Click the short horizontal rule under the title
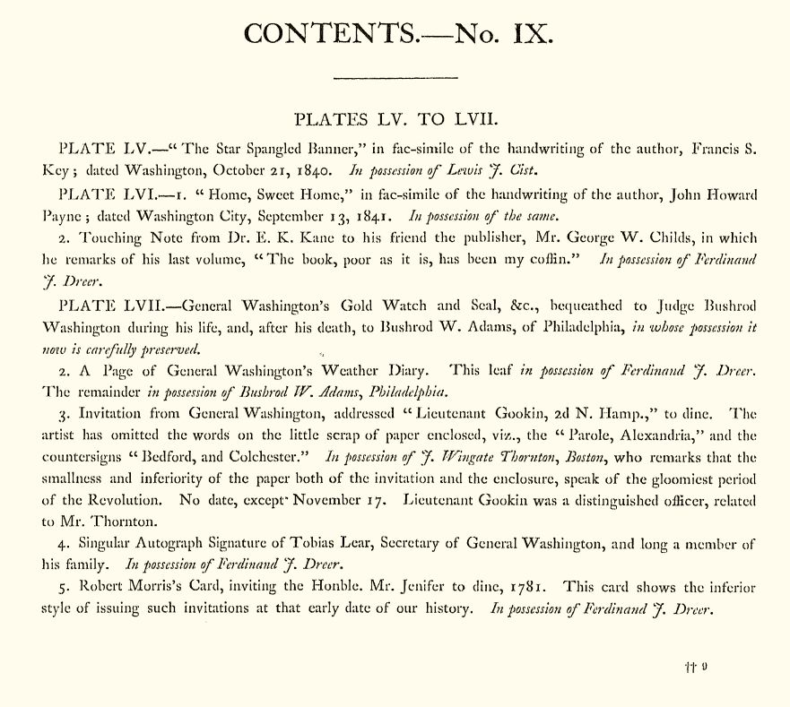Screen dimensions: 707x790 [x=395, y=79]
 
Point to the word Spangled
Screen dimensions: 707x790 [x=220, y=147]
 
